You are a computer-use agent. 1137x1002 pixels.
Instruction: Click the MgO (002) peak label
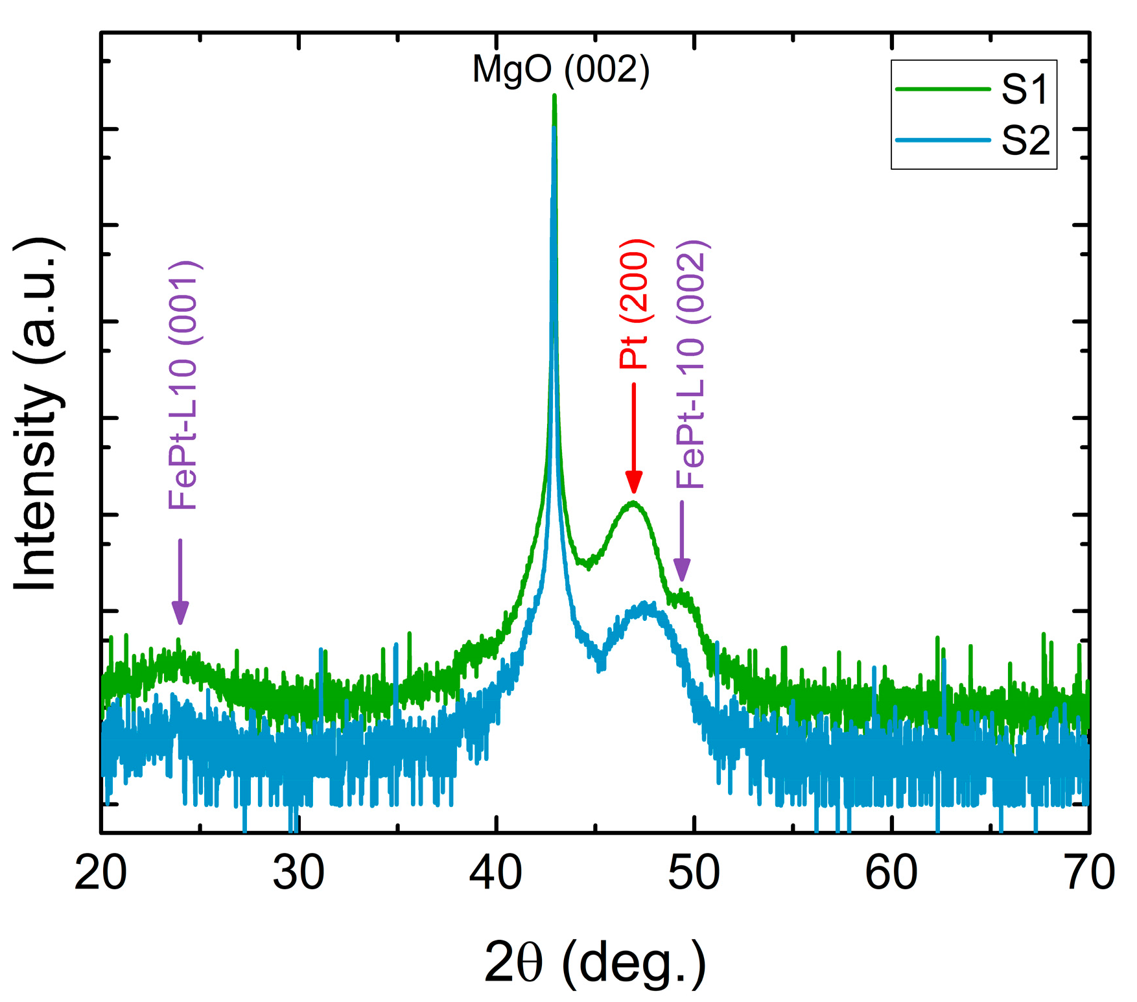(x=561, y=69)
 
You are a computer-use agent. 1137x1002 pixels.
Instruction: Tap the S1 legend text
(x=1024, y=89)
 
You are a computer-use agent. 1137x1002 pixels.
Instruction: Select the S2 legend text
(x=1025, y=140)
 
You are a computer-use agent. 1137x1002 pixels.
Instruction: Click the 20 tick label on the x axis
(x=100, y=872)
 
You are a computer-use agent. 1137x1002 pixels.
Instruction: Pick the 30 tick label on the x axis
(x=298, y=872)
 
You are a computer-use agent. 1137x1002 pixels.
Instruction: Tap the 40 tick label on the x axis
(x=496, y=872)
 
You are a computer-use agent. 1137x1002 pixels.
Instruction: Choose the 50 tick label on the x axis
(x=694, y=872)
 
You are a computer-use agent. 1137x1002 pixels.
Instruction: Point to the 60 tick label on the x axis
(x=891, y=872)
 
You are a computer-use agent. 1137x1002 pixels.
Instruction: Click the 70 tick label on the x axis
(x=1089, y=872)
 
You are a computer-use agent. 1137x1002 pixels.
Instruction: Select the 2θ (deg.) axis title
(x=595, y=964)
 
